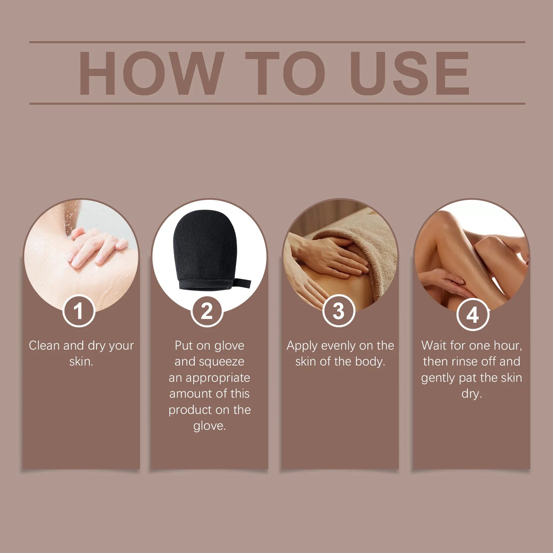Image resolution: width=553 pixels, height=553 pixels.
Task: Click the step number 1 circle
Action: pyautogui.click(x=78, y=311)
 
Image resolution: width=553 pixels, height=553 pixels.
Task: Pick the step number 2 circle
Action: pyautogui.click(x=207, y=311)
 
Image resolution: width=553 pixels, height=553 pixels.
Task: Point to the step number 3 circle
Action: pyautogui.click(x=339, y=311)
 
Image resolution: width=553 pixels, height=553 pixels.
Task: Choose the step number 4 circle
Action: pyautogui.click(x=473, y=315)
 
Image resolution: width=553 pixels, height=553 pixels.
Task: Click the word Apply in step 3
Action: pyautogui.click(x=302, y=346)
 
